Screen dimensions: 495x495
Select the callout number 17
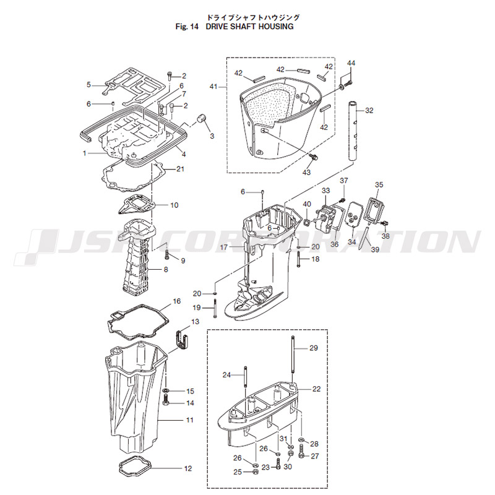(x=224, y=247)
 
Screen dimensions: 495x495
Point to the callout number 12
(x=188, y=468)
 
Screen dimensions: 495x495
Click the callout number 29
(x=313, y=348)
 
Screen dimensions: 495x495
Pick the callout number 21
(x=180, y=169)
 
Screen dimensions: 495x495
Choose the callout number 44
(x=351, y=64)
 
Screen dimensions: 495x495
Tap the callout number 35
(x=379, y=184)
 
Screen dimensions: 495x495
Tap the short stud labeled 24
(x=246, y=377)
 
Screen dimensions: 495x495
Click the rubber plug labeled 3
(x=200, y=118)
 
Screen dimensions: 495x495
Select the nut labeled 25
(x=255, y=473)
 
